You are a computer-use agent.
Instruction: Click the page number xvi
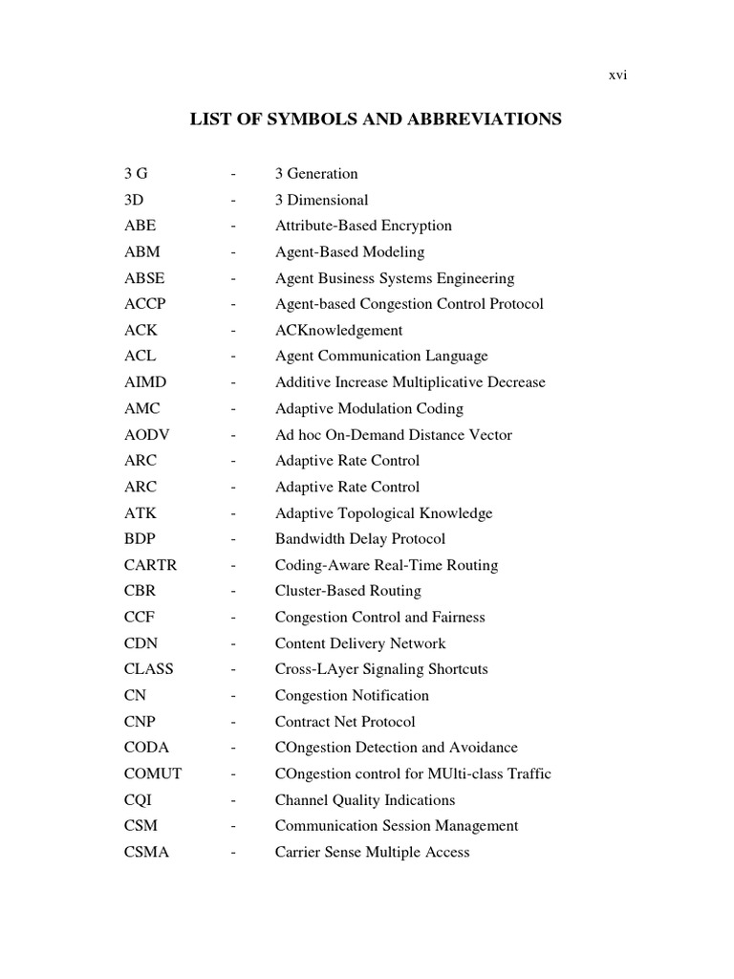617,76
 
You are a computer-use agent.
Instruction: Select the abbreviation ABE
140,227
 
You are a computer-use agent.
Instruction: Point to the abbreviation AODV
145,435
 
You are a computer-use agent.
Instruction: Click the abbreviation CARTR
150,565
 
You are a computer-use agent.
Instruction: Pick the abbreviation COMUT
152,773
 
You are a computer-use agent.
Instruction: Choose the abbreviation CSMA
146,852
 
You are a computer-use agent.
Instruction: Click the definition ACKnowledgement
338,331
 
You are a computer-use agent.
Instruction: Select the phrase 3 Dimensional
321,201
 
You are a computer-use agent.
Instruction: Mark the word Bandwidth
309,539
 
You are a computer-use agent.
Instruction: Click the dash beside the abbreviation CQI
232,800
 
